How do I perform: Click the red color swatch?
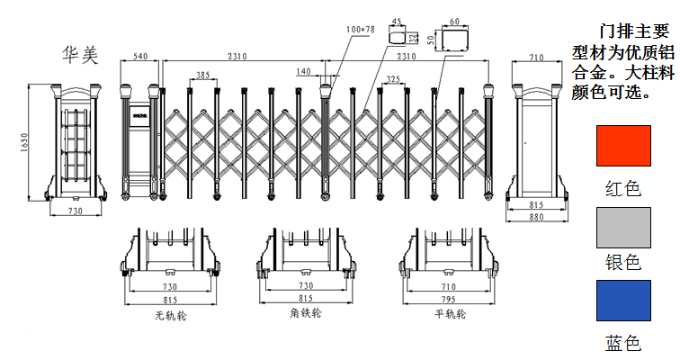coord(623,145)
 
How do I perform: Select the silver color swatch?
coord(623,227)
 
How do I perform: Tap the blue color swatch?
coord(623,300)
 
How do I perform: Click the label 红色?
coord(623,188)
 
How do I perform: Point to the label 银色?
coord(623,262)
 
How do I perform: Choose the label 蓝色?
coord(623,343)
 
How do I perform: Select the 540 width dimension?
coord(140,57)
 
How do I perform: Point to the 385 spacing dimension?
coord(204,75)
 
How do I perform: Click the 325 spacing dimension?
coord(392,80)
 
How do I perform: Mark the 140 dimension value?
coord(303,71)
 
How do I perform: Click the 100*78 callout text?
coord(361,30)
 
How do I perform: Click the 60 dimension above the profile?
coord(453,21)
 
